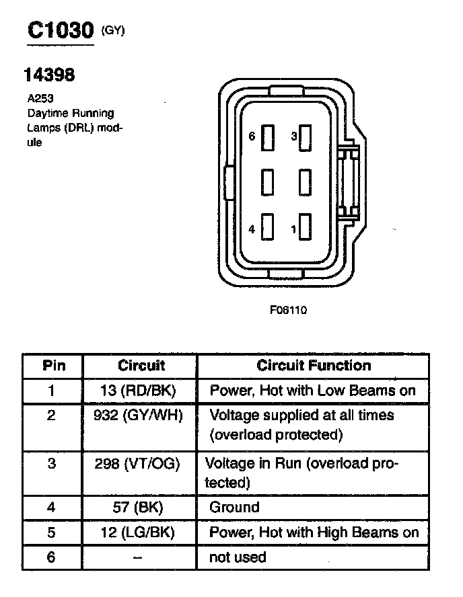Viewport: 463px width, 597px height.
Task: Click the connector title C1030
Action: click(59, 30)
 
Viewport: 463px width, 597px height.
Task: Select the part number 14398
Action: click(49, 75)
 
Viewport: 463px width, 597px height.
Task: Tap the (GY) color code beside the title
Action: click(112, 30)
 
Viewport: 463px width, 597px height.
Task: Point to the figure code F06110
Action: click(288, 310)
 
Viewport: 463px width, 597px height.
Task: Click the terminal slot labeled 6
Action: click(268, 137)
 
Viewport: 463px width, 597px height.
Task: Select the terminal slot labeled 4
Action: click(268, 228)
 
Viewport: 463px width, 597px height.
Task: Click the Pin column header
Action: click(54, 366)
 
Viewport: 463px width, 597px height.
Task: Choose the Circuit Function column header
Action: click(314, 366)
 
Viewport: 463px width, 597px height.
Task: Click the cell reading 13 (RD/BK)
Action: click(141, 391)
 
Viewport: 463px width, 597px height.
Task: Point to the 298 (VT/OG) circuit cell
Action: click(141, 463)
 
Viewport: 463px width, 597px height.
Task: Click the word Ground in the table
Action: click(234, 507)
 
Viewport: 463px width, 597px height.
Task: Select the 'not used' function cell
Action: click(238, 557)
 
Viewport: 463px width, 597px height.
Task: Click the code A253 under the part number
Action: click(40, 98)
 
